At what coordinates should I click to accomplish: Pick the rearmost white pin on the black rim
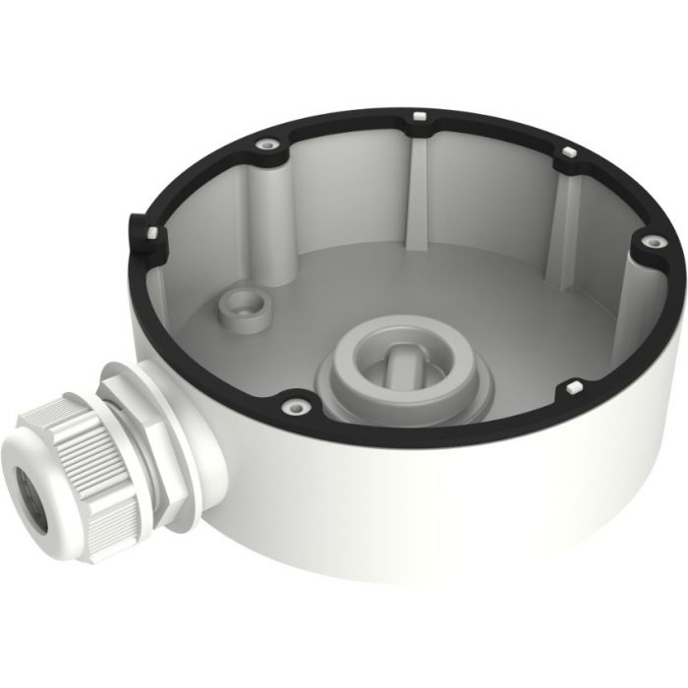[419, 117]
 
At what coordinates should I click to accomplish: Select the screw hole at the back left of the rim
[265, 143]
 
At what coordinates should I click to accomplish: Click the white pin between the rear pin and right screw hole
[568, 153]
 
